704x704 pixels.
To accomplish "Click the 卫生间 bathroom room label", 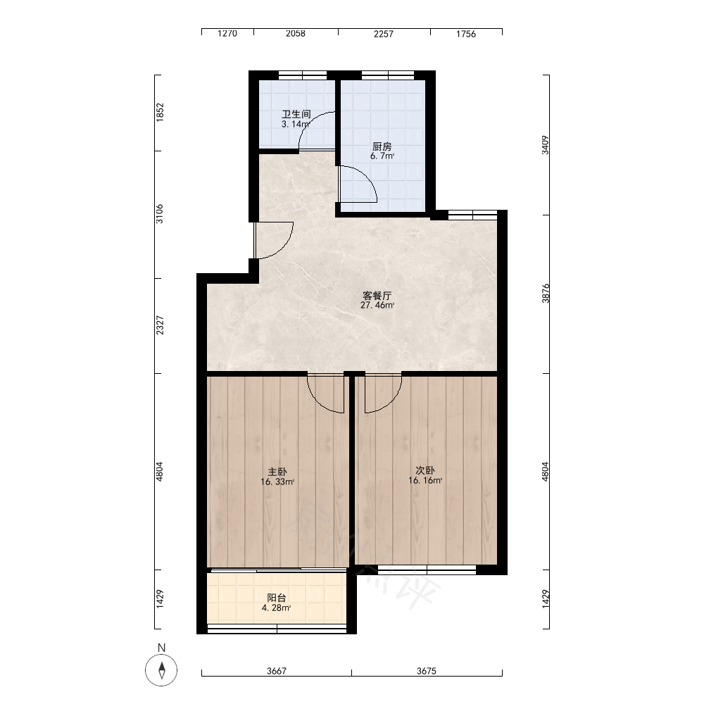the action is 296,114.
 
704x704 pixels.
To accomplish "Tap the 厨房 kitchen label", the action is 382,146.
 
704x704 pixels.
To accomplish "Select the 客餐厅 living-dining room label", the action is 377,296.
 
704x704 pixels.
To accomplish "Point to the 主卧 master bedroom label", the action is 277,472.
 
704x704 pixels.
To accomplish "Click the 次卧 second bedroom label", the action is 425,470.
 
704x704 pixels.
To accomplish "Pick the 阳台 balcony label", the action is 277,598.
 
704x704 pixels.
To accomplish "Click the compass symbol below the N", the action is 162,670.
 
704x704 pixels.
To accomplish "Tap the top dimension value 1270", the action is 227,34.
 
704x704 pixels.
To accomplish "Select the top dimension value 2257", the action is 384,34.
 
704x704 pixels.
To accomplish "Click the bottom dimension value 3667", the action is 277,671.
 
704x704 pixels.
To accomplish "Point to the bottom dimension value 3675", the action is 427,671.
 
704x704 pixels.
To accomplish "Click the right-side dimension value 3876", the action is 546,293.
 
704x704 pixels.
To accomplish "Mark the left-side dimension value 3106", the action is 159,214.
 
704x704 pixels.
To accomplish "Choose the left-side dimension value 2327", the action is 159,325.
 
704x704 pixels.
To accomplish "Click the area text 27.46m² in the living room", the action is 377,306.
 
